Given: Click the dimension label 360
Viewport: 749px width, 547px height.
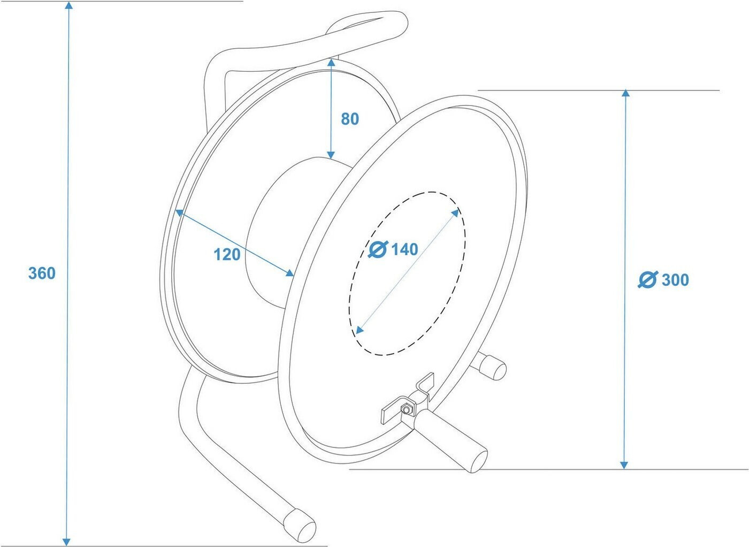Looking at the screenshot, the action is click(x=42, y=273).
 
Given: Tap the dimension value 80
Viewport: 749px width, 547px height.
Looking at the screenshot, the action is click(x=350, y=119).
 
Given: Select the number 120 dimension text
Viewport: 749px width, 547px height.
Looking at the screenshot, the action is click(x=227, y=254).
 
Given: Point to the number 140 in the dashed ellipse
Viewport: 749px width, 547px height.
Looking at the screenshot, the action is click(x=404, y=249).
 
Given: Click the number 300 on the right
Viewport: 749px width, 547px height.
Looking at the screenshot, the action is click(x=675, y=280).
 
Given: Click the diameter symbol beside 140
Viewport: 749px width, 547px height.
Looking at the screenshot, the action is click(x=378, y=249).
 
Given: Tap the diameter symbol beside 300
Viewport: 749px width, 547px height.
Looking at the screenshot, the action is click(x=648, y=280).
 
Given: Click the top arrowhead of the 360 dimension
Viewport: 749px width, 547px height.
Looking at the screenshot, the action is click(x=68, y=5).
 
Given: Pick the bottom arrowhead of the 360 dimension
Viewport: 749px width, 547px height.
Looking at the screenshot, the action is click(x=66, y=541).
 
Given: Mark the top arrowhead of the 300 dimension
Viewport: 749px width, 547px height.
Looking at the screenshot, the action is click(x=625, y=94).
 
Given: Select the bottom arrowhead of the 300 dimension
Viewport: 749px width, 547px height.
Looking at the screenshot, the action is click(x=624, y=465).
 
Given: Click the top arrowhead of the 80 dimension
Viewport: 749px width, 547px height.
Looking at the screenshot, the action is click(x=332, y=63).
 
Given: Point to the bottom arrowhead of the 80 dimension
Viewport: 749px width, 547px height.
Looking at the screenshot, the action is click(x=332, y=155).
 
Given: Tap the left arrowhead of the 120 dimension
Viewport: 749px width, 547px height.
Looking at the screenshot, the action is click(x=179, y=212).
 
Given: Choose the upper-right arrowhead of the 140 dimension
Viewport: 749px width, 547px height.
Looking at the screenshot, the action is click(x=455, y=212).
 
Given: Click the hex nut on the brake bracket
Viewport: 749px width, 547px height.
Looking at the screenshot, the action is click(x=407, y=410).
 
